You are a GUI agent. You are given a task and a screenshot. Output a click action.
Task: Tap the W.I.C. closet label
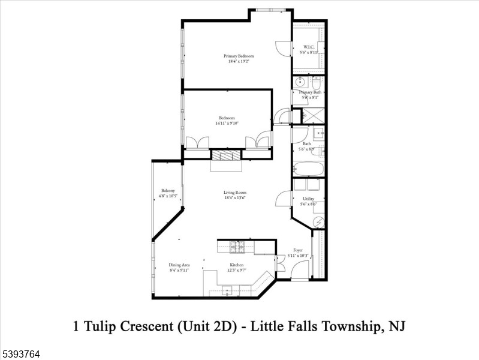click(x=309, y=47)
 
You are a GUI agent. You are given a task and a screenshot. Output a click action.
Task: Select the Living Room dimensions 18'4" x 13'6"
click(x=235, y=198)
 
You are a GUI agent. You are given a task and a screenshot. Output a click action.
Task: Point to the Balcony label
click(x=167, y=191)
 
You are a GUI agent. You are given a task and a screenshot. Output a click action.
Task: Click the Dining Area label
click(x=178, y=265)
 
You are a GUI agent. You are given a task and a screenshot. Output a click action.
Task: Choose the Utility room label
click(x=308, y=199)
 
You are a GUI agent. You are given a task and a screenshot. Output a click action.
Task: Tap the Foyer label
click(x=297, y=250)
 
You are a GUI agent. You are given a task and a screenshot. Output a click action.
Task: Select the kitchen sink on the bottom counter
click(x=230, y=291)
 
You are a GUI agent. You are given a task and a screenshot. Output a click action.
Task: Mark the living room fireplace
click(x=226, y=155)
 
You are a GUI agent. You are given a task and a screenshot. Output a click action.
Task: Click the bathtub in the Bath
click(x=309, y=169)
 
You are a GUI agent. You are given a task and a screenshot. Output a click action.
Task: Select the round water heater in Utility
click(x=318, y=221)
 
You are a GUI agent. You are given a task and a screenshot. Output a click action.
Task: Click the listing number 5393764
click(x=20, y=354)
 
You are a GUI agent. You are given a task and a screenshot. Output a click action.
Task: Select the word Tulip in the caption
click(x=106, y=327)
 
